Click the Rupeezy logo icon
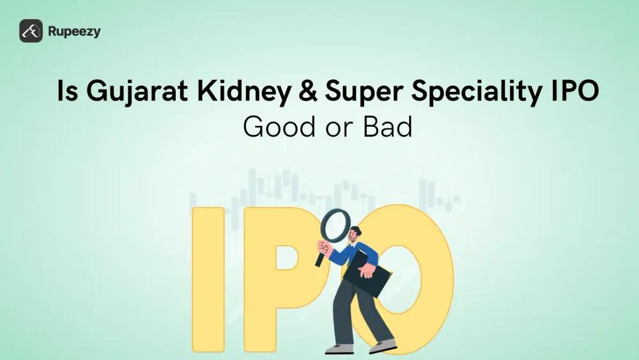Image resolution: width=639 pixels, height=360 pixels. point(31,31)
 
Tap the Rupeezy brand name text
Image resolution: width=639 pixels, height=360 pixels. point(74,31)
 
